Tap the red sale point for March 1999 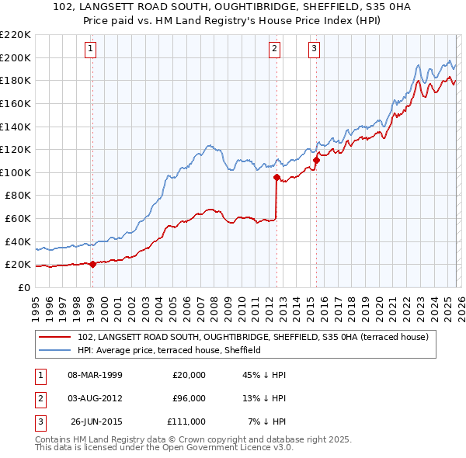[x=92, y=264]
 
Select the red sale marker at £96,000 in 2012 [x=276, y=177]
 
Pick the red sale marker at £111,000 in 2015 [x=316, y=160]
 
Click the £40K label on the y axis [x=18, y=241]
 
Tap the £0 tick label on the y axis [x=24, y=287]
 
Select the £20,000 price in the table [x=189, y=374]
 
